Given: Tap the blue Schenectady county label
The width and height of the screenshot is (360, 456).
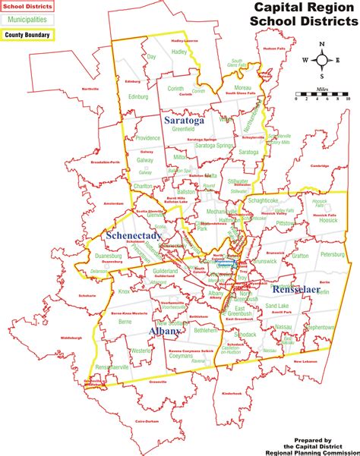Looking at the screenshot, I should [x=131, y=236].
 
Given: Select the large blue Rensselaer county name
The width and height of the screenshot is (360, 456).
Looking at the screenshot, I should [x=297, y=288].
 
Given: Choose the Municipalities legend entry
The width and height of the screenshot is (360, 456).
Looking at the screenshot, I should [x=27, y=20].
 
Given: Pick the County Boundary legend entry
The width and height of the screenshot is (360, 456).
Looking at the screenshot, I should [x=27, y=33].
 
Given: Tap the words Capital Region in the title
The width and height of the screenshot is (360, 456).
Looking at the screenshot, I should [x=302, y=8].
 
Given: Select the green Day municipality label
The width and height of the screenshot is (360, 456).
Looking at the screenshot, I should [x=151, y=57].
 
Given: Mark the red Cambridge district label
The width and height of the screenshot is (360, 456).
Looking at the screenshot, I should [x=320, y=165].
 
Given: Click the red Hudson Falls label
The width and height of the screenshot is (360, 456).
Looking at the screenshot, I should [x=275, y=49].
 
